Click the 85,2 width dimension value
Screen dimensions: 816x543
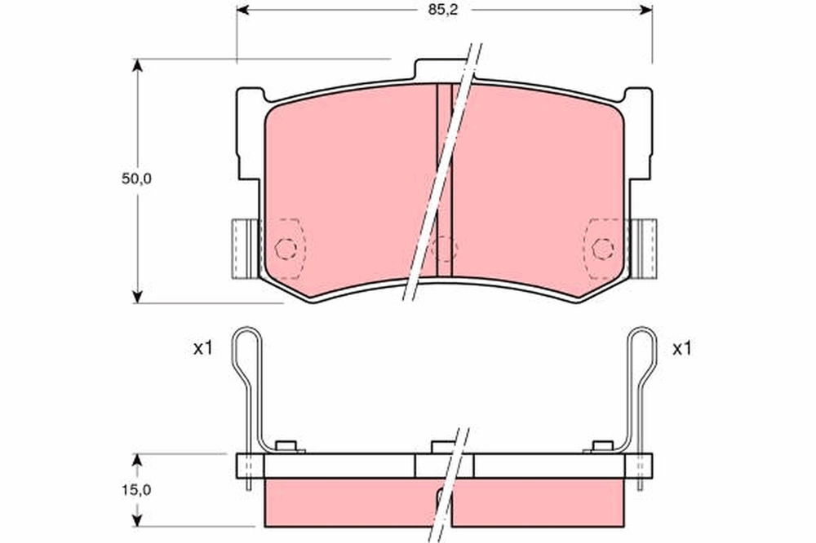[x=443, y=10]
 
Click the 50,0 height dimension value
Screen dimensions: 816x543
[x=136, y=179]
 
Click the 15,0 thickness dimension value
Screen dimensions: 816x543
[x=136, y=489]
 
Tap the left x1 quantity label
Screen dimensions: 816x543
[x=203, y=348]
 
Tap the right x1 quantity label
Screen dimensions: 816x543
[x=681, y=348]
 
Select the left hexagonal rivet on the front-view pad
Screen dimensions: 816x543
[x=286, y=249]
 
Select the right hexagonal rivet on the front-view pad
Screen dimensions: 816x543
[x=603, y=249]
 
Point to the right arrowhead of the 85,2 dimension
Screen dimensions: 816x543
[x=646, y=9]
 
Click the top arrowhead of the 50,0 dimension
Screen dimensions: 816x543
[x=137, y=64]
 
